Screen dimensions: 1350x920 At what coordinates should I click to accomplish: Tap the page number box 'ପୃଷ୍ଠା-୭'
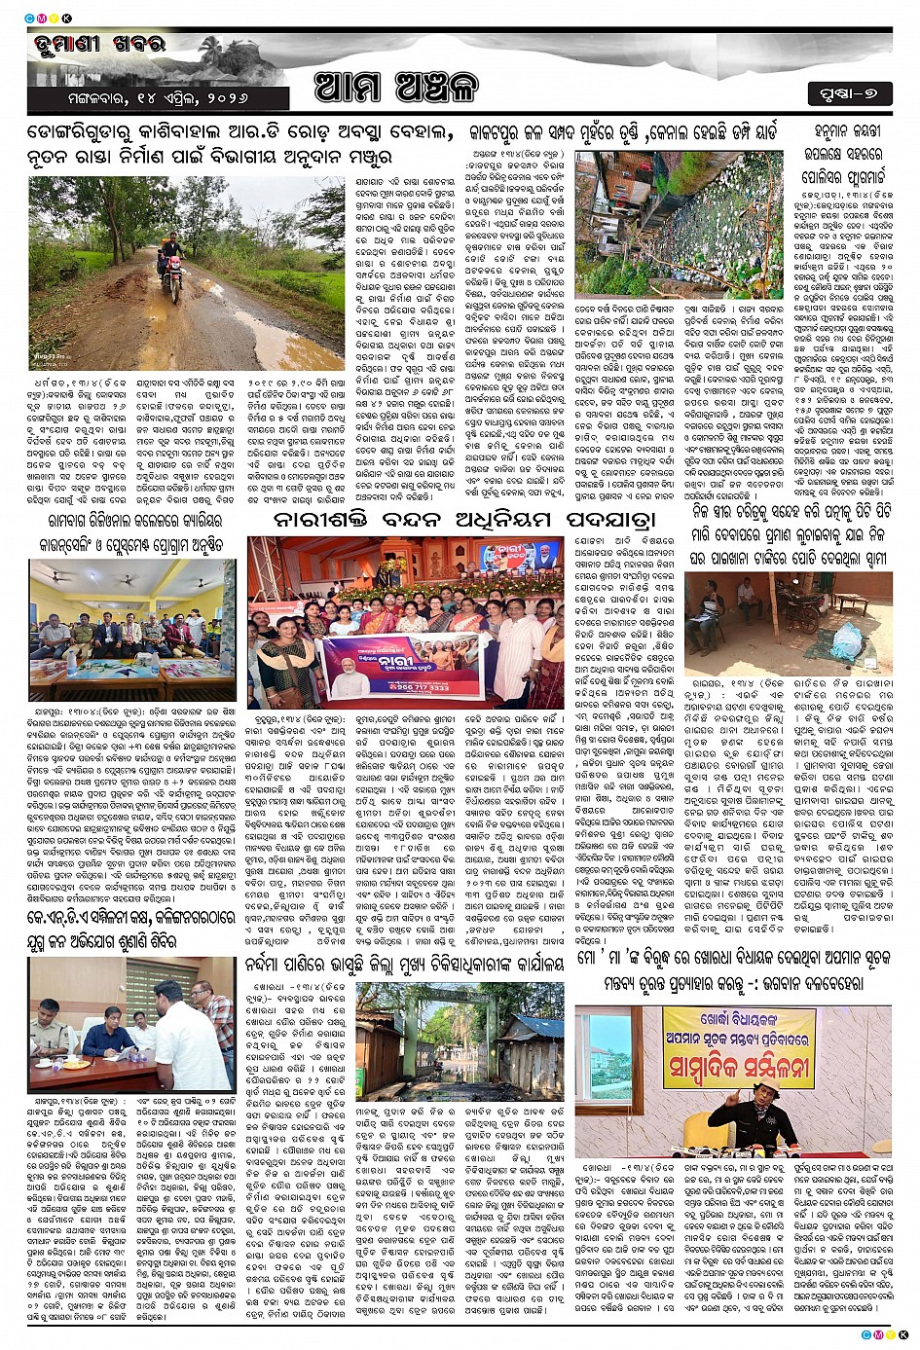click(x=848, y=93)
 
